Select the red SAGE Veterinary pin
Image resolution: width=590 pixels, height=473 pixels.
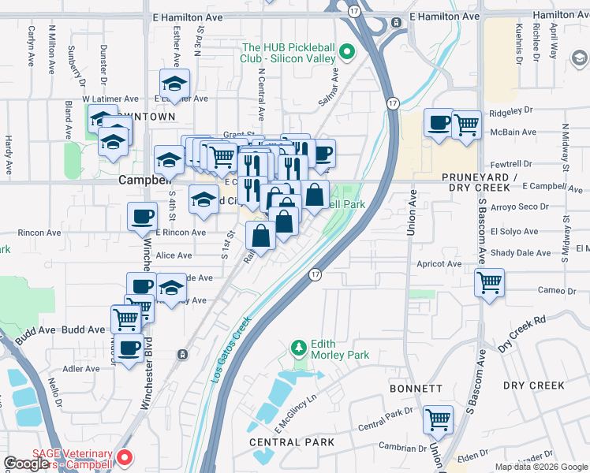coord(125,457)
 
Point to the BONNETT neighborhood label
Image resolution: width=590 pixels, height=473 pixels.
coord(416,389)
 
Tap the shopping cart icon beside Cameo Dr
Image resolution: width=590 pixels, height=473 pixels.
coord(490,281)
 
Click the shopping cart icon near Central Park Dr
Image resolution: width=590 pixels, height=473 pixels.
coord(438,419)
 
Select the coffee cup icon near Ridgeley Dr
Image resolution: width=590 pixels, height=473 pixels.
coord(439,123)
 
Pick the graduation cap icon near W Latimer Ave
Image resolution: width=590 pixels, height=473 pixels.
coord(174,82)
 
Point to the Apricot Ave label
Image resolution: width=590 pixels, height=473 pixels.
coord(440,264)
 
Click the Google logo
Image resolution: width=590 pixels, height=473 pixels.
coord(26,464)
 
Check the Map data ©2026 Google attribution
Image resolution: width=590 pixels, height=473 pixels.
coord(542,467)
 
